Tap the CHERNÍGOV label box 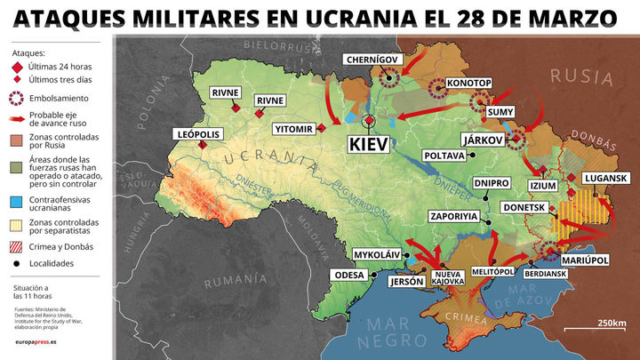[x=373, y=60]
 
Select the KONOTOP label [x=468, y=83]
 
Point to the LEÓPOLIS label [x=196, y=134]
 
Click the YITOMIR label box [x=293, y=129]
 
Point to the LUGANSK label [x=607, y=179]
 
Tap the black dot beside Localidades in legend [x=17, y=264]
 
